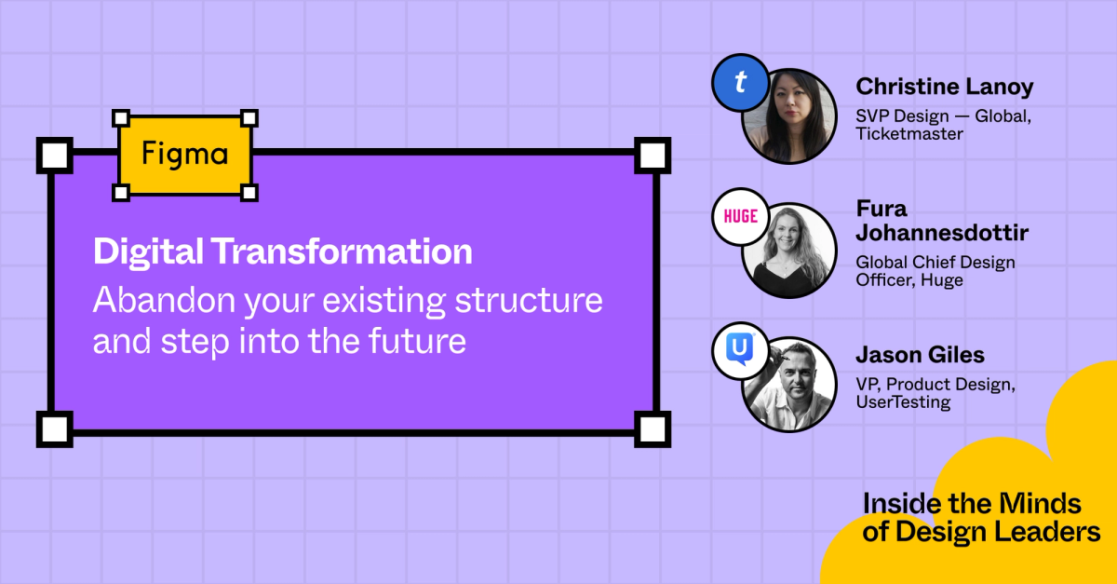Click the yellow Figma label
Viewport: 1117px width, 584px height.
(x=185, y=156)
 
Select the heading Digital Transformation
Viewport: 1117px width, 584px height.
(x=282, y=252)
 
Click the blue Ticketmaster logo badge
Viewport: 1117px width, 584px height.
(x=740, y=83)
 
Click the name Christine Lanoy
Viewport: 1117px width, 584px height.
(x=944, y=87)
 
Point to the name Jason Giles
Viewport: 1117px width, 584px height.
(x=920, y=355)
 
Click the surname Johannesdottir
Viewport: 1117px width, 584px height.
(x=942, y=232)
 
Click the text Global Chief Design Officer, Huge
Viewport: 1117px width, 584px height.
(x=935, y=270)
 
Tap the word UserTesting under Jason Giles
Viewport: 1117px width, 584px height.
(x=903, y=402)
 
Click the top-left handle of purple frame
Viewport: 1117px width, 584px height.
(x=54, y=155)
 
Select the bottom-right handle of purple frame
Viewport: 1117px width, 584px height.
(x=653, y=428)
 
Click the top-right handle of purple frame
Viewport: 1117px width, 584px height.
(x=653, y=155)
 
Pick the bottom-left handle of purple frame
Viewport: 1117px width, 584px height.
(x=54, y=428)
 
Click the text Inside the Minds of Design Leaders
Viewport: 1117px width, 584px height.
(x=981, y=518)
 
